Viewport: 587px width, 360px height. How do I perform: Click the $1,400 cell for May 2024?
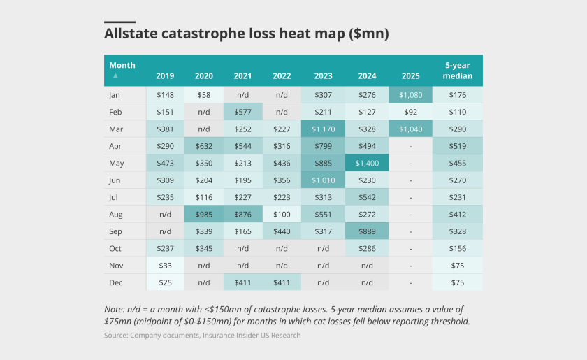pos(367,163)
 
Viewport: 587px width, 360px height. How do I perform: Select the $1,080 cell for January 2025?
pos(410,95)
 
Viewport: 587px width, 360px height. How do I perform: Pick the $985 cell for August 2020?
pos(204,214)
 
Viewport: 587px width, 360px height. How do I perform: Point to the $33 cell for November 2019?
pos(166,266)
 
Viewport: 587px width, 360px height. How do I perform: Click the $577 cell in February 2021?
pos(243,112)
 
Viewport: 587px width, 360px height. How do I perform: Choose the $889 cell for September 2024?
pos(367,231)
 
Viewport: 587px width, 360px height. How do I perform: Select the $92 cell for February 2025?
pos(410,112)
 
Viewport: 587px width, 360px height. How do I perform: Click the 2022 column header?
pos(282,75)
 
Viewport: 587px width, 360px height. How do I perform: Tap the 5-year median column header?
pos(458,71)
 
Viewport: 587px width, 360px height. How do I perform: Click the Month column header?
pos(122,65)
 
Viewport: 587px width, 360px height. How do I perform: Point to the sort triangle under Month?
pos(115,75)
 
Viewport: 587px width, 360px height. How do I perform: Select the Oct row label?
pos(115,248)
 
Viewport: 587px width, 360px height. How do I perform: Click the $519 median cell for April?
pos(458,146)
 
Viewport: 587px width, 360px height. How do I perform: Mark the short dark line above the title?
pos(119,22)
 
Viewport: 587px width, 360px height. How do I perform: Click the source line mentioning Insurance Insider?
pos(202,336)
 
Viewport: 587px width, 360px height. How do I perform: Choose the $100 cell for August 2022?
pos(282,214)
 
